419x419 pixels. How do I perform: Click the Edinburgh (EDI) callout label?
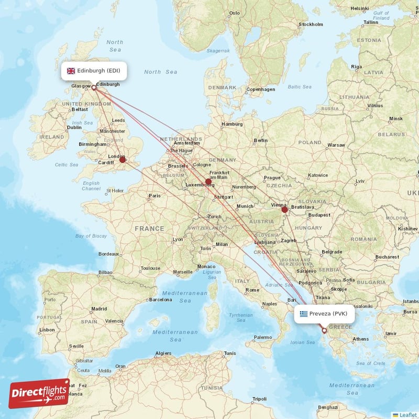tap(94, 71)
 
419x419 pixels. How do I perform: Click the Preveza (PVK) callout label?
tap(324, 314)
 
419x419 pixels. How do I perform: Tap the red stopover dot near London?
tap(123, 159)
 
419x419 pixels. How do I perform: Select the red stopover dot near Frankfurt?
tap(208, 182)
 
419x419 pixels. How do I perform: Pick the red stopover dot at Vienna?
tap(284, 210)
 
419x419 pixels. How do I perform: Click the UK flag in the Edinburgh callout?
tap(71, 71)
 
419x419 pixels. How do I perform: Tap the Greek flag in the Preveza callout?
tap(303, 314)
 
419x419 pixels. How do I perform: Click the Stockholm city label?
tap(310, 24)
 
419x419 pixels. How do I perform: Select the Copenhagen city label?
tap(261, 89)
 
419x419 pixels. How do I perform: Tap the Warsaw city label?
tap(336, 145)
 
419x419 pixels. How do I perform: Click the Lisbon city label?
tap(47, 329)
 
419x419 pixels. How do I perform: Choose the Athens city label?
tap(360, 339)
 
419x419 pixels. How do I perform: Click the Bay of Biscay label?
tap(91, 236)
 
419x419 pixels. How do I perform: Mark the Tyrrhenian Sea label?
tap(240, 318)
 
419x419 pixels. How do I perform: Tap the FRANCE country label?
tap(149, 229)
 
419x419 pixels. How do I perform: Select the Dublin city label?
tap(74, 127)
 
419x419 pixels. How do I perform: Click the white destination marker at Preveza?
tap(324, 330)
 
